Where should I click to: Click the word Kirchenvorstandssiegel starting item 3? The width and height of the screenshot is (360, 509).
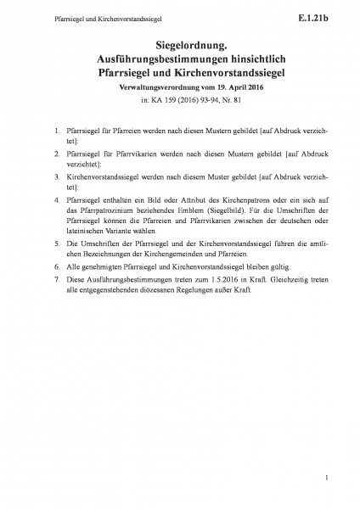98,176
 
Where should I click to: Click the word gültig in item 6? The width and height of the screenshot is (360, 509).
252,265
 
